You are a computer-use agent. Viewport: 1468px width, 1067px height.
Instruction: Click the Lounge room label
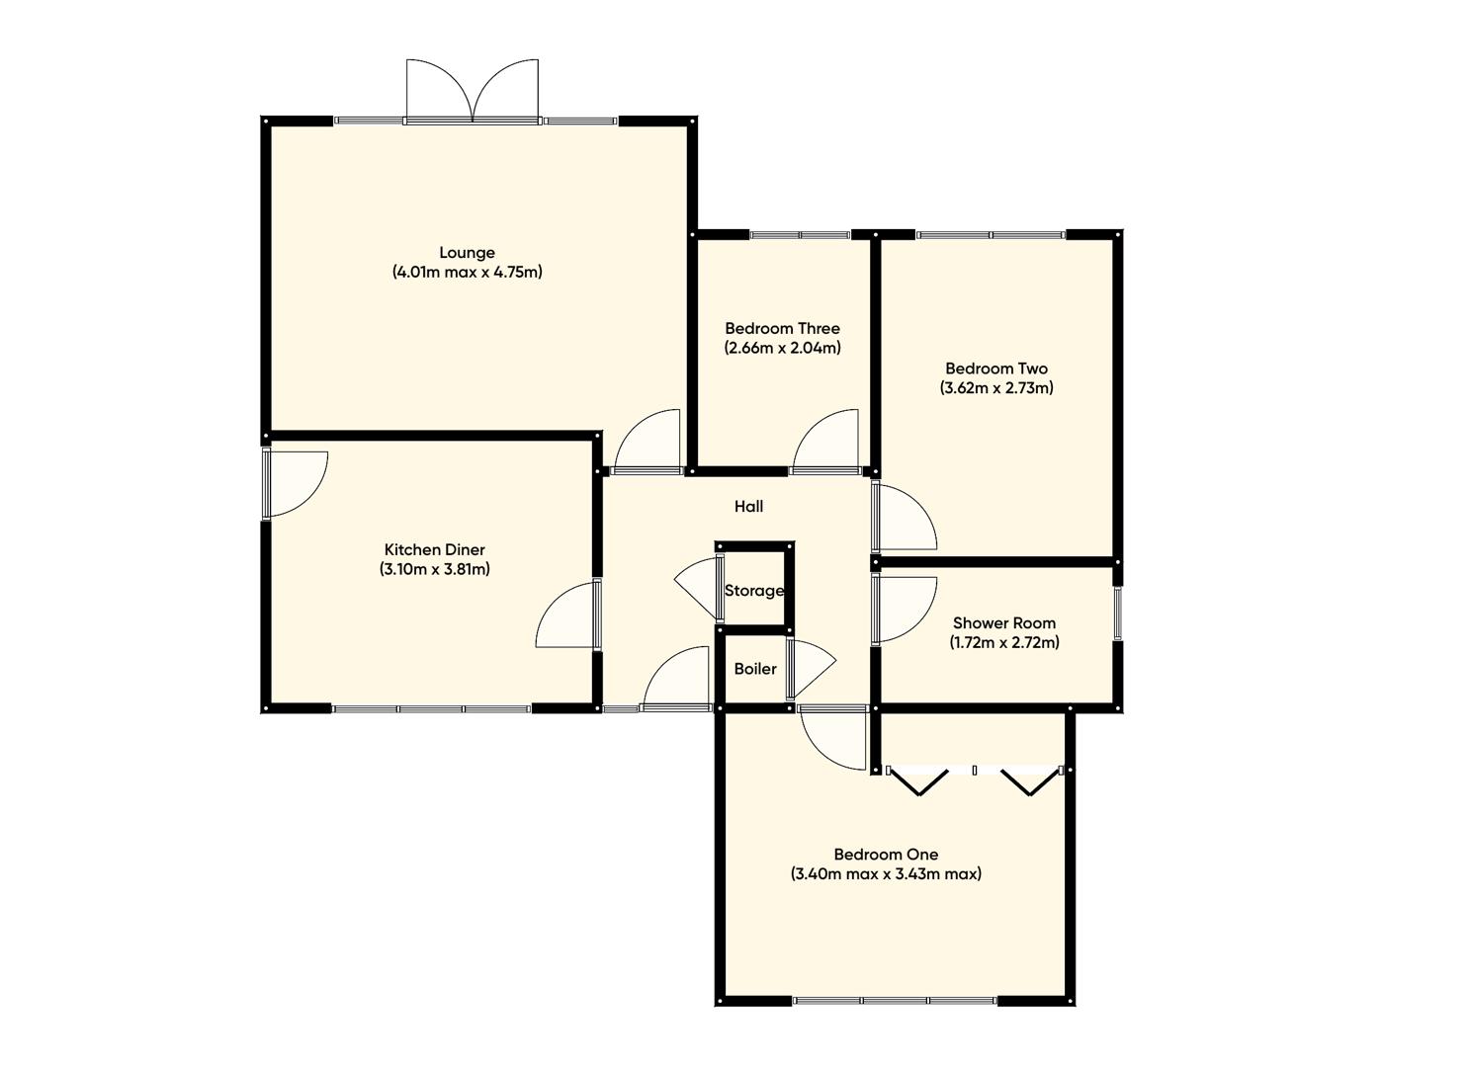467,253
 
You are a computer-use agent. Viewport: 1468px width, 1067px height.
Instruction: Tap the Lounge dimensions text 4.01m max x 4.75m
467,272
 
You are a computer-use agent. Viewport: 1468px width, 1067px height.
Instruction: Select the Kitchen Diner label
434,550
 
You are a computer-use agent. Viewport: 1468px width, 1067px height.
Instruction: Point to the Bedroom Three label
782,329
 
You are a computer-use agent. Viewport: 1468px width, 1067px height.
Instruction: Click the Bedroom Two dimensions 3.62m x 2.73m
996,388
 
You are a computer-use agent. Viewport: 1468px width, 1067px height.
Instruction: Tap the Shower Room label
1003,623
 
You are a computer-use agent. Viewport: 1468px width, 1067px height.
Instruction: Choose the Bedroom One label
886,855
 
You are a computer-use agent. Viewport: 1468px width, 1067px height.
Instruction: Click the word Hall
748,507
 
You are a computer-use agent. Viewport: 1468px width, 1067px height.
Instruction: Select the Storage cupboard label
753,591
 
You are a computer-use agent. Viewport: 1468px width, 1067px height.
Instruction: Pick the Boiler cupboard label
754,669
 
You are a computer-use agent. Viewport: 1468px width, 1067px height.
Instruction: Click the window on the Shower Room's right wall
1118,614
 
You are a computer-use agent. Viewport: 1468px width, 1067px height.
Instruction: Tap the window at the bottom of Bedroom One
895,1001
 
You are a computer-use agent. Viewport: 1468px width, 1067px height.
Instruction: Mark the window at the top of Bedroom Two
991,235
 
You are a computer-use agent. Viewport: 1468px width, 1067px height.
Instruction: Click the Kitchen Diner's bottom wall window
432,708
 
